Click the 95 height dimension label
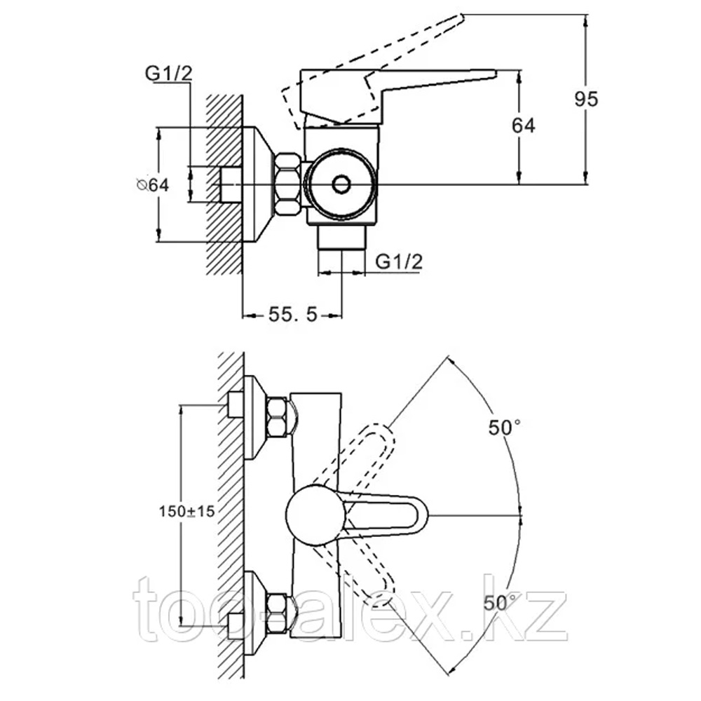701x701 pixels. (x=586, y=99)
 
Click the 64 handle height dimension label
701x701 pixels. (x=523, y=125)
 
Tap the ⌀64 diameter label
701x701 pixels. (x=153, y=184)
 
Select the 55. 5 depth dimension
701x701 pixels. (x=293, y=315)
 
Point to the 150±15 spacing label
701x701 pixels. (x=187, y=511)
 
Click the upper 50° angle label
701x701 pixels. (x=504, y=428)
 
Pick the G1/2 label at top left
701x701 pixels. (x=168, y=74)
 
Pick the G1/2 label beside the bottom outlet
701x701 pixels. (x=399, y=261)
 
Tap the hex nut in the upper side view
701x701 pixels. (x=288, y=184)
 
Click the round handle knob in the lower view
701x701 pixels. (x=315, y=515)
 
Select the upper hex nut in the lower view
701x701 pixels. (x=277, y=416)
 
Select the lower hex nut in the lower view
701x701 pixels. (x=277, y=613)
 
